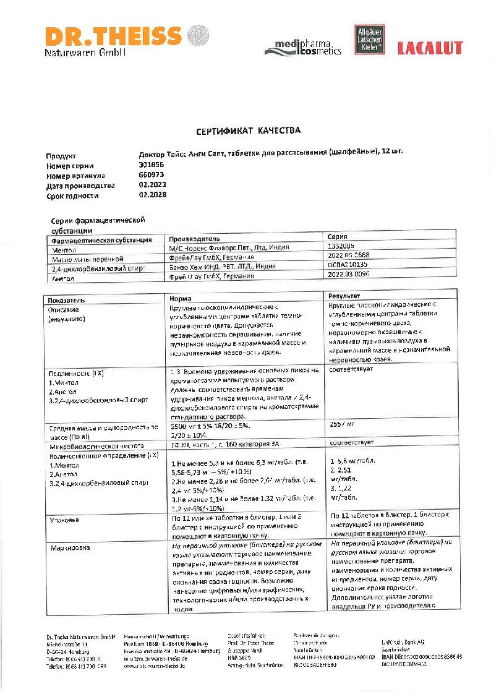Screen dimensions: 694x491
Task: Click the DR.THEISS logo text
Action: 113,35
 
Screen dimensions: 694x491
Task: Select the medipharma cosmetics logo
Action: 303,47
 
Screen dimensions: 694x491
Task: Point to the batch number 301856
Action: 150,165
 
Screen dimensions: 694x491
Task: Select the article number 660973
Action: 150,175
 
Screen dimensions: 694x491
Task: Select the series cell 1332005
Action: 342,247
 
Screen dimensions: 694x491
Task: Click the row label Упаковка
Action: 64,520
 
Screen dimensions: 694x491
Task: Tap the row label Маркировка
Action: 69,547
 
